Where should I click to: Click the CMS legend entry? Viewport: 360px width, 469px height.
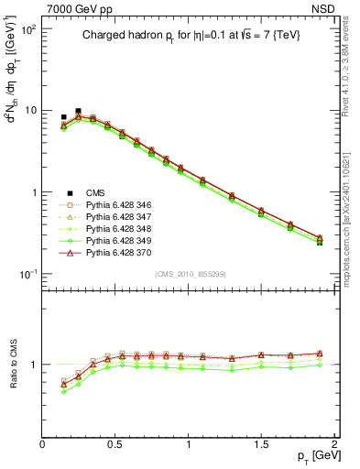[x=96, y=192]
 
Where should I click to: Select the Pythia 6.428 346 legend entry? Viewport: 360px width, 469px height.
[x=123, y=205]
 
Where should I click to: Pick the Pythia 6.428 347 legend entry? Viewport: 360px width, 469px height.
[x=123, y=217]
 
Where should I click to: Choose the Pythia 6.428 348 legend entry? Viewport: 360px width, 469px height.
[x=123, y=229]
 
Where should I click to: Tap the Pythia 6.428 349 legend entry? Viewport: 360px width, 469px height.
[x=123, y=241]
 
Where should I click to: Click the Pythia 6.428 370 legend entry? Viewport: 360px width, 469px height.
[x=123, y=253]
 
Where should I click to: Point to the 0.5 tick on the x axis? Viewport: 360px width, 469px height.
[x=115, y=444]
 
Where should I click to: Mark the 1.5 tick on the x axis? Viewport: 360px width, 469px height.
[x=261, y=444]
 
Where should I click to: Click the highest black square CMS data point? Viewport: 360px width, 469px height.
[x=78, y=111]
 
